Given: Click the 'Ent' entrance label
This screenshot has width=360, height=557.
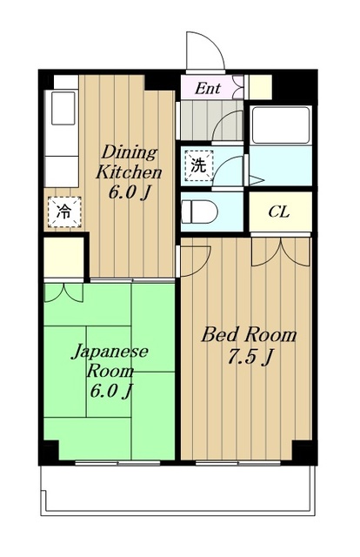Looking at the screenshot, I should click(x=206, y=88).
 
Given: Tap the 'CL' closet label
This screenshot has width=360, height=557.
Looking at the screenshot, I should click(x=278, y=211).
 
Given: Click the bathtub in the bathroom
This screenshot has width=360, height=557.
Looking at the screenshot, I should click(x=280, y=124).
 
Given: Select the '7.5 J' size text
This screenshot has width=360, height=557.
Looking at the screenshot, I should click(x=247, y=356).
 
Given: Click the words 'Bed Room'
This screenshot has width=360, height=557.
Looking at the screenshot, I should click(x=249, y=334).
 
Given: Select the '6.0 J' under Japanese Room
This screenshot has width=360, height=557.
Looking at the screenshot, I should click(x=110, y=390).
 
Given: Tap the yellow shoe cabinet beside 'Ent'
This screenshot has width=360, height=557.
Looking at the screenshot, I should click(x=258, y=88).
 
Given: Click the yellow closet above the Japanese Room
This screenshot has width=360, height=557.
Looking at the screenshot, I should click(x=64, y=255).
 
